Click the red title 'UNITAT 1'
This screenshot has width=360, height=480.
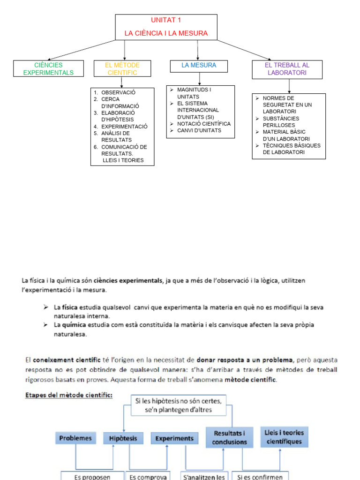click(166, 20)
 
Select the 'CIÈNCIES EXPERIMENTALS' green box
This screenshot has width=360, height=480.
click(48, 69)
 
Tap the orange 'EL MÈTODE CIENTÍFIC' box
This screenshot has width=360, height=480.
click(122, 69)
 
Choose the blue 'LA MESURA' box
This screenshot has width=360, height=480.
click(199, 66)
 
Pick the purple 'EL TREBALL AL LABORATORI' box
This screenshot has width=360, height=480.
click(287, 69)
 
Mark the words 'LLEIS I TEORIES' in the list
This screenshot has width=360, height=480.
click(123, 160)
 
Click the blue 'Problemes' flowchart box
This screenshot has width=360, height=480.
click(75, 438)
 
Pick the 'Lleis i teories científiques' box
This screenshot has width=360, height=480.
click(284, 437)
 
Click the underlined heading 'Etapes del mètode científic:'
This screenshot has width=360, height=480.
click(68, 395)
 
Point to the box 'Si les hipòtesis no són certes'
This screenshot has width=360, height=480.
click(178, 405)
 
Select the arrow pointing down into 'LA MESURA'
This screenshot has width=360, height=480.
click(198, 51)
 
